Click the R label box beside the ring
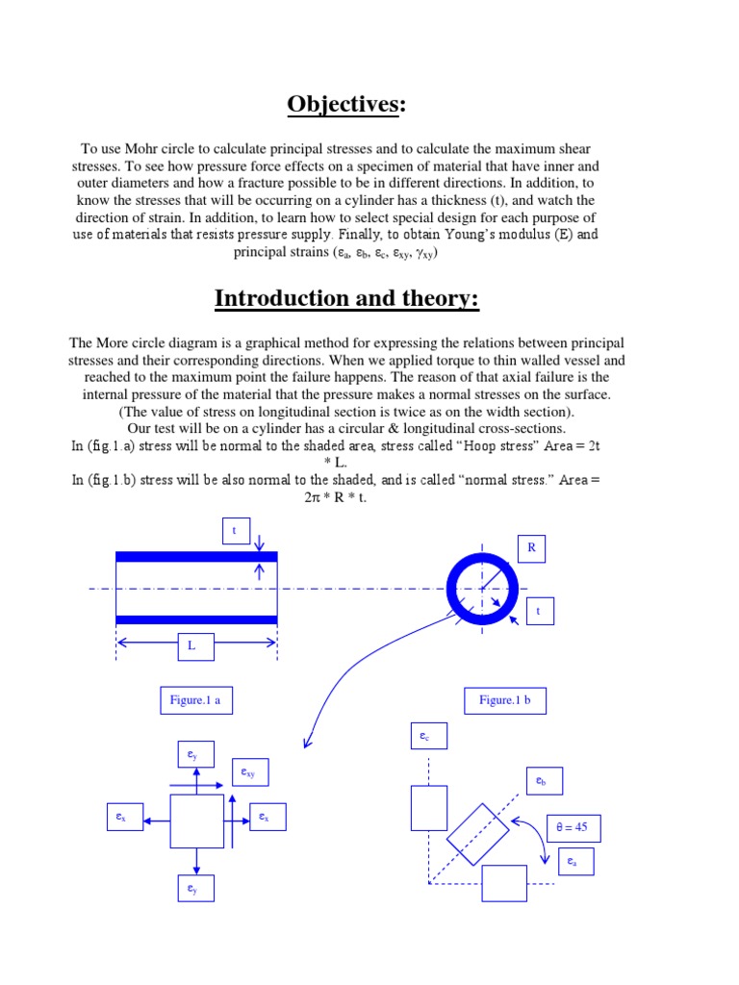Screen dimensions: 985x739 [530, 547]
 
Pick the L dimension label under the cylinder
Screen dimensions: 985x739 [191, 646]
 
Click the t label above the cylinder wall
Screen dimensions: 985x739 [235, 530]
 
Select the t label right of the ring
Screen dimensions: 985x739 [539, 611]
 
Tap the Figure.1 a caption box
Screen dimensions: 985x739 [195, 700]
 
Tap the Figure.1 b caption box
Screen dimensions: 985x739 [504, 700]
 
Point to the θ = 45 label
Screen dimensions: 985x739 [573, 827]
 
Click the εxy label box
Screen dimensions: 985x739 [252, 771]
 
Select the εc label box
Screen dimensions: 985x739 [428, 737]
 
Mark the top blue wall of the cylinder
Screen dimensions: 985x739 [196, 557]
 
